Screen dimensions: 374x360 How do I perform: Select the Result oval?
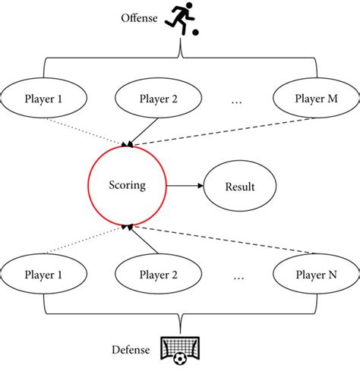pos(240,185)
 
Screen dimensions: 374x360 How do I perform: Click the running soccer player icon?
pos(185,18)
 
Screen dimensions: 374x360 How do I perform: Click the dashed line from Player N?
pos(228,240)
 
